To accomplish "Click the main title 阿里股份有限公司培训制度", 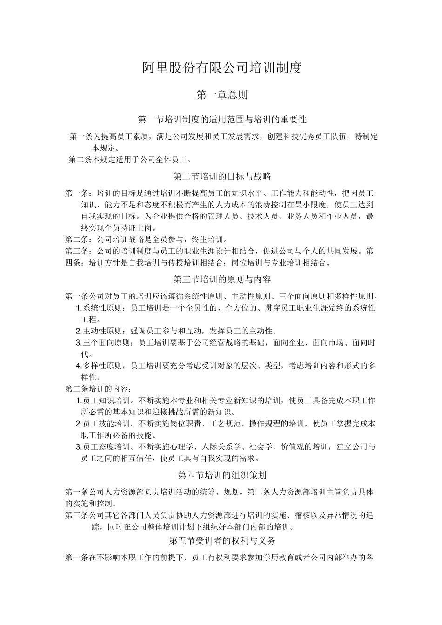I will (222, 68).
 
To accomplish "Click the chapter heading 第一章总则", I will (222, 95).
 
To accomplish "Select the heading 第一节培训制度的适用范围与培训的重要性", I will (222, 120).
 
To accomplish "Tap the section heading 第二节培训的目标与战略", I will (222, 177).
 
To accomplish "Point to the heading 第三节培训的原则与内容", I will (222, 279).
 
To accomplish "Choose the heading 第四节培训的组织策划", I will (222, 475).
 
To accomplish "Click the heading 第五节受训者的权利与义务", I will (222, 541).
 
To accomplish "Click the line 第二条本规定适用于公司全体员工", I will (130, 160).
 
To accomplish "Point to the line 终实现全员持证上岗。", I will (119, 228).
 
